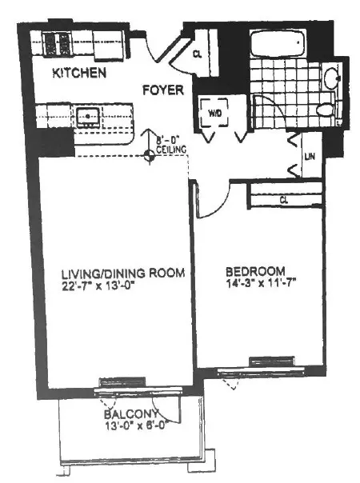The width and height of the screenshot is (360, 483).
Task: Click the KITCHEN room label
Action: point(79,74)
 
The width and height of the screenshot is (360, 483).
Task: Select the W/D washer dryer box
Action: point(215,114)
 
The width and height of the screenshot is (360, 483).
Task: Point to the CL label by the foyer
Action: point(198,54)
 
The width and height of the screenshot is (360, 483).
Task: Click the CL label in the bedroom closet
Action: point(284,200)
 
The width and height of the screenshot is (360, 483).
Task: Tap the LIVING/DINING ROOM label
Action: point(111,273)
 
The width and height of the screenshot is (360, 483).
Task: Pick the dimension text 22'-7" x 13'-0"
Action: point(101,285)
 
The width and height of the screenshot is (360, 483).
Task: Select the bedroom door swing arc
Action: point(208,202)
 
